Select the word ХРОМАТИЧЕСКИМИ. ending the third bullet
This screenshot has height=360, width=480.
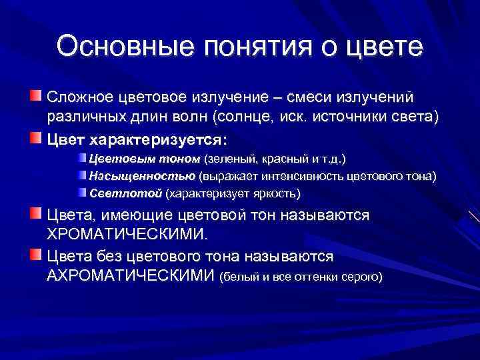pos(128,234)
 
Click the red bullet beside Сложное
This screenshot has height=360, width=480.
pos(35,97)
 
